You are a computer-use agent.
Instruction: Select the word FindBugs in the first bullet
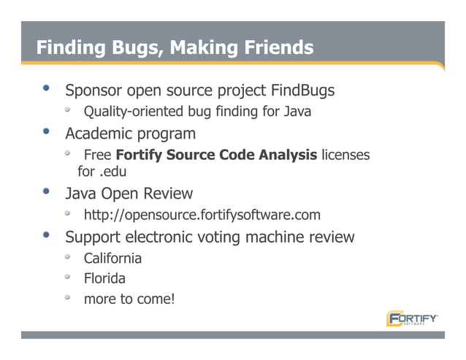302,91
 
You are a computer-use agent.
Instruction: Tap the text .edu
112,172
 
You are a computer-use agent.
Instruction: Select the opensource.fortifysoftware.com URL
202,215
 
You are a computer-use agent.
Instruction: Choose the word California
112,258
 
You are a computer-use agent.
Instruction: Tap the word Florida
104,278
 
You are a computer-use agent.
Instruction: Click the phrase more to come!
129,299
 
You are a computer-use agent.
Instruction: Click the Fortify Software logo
413,319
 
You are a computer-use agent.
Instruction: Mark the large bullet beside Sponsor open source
47,90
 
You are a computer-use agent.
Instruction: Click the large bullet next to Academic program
47,133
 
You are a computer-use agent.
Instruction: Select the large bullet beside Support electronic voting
47,236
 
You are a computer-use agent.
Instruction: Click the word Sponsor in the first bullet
93,91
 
